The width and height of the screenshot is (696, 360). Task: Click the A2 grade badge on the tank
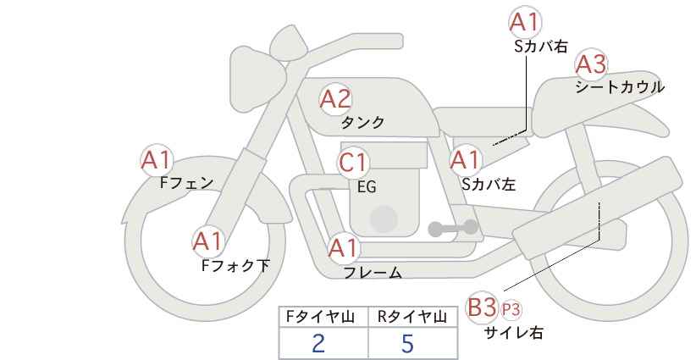click(335, 99)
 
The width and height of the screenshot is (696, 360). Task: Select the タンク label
click(362, 123)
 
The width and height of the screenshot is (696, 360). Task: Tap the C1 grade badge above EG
click(353, 163)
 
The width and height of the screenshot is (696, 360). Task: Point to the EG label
click(367, 187)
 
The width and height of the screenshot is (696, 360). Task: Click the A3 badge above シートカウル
click(591, 64)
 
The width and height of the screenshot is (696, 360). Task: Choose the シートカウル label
click(620, 87)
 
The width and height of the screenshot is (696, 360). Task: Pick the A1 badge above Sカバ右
click(525, 22)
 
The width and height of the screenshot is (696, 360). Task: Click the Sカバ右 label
click(541, 47)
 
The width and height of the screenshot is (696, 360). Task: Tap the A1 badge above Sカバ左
click(465, 160)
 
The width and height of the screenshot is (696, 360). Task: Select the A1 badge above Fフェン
click(157, 160)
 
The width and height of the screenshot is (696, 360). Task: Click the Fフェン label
click(186, 183)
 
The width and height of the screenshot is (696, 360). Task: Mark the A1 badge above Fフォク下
click(207, 242)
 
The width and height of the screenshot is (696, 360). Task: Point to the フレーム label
click(373, 273)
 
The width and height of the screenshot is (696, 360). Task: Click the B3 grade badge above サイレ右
click(482, 307)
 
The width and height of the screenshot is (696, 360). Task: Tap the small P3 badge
click(511, 310)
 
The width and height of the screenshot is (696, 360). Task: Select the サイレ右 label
click(514, 332)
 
